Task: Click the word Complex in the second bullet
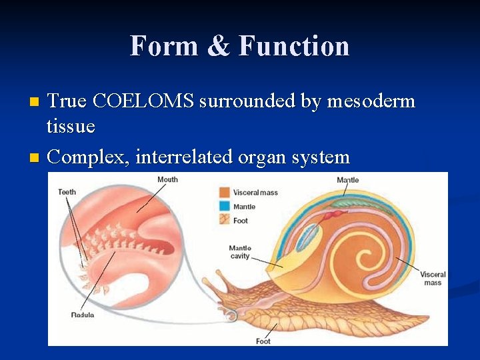click(88, 157)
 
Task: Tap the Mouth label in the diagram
click(167, 179)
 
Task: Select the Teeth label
click(67, 192)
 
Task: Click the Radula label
click(82, 314)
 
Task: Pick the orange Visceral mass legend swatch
click(224, 192)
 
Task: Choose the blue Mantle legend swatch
click(224, 206)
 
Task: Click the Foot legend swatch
click(224, 220)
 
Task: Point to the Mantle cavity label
click(239, 252)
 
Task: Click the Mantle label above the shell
click(347, 180)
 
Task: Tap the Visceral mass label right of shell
click(432, 279)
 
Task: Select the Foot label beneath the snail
click(263, 341)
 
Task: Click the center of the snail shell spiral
click(364, 257)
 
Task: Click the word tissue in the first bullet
click(71, 125)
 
